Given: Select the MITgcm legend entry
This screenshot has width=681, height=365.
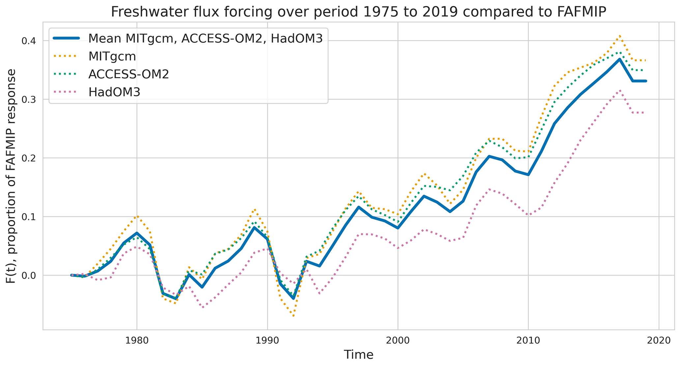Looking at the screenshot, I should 112,56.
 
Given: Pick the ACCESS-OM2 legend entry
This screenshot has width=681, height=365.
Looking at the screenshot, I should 128,74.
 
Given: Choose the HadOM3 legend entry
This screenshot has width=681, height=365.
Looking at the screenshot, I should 114,92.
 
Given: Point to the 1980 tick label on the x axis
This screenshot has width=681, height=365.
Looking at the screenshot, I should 137,340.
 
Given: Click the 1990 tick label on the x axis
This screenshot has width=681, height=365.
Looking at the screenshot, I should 267,340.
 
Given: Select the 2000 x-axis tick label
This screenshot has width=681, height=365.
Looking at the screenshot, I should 398,340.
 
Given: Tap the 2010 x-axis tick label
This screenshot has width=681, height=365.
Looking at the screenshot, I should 528,340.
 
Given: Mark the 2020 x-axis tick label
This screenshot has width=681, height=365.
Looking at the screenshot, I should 659,340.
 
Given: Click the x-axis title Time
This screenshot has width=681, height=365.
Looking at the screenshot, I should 358,355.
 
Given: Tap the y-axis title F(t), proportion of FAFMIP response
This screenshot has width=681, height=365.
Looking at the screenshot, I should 12,176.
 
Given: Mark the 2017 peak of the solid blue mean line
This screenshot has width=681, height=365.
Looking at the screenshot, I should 620,59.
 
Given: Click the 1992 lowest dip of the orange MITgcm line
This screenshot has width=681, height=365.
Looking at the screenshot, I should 293,316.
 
